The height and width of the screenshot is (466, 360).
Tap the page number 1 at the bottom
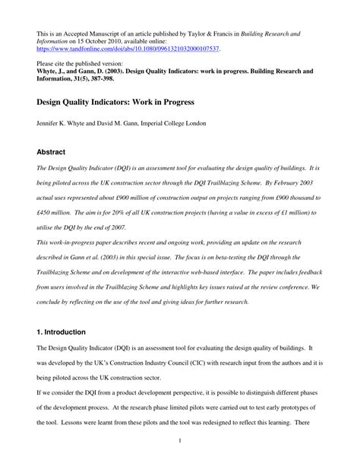[180, 440]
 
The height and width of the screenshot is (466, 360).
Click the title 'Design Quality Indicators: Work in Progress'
[115, 101]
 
